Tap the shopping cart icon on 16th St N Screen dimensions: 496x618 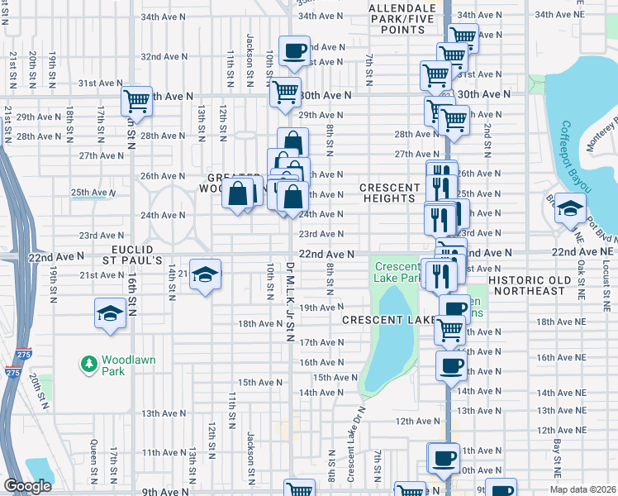(x=136, y=101)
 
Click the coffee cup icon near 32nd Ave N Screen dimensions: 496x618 (x=294, y=52)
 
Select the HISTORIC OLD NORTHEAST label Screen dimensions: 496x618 (x=538, y=285)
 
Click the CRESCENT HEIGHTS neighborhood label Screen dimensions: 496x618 (x=387, y=193)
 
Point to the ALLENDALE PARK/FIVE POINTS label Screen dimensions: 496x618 (x=397, y=19)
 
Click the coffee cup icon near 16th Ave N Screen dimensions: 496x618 (x=451, y=365)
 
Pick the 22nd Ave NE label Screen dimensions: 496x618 (x=583, y=250)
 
